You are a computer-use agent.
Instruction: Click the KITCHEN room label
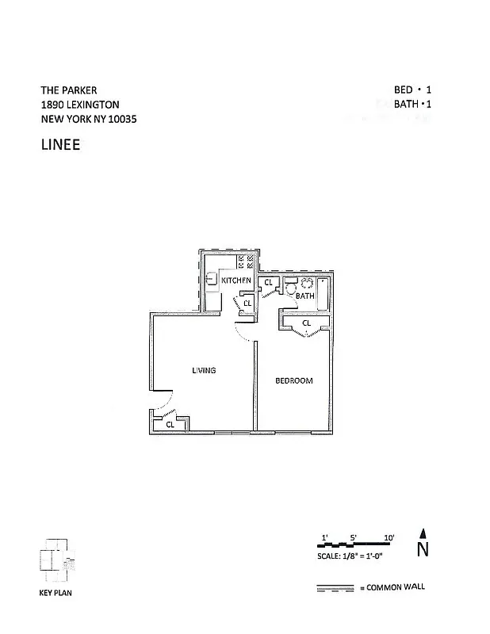tap(236, 281)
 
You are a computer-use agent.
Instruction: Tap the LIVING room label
tap(204, 371)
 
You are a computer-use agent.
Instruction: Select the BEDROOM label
tap(293, 381)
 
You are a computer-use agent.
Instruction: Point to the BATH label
tap(305, 296)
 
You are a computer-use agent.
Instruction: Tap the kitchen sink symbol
tap(211, 280)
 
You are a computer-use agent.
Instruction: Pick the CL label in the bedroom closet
tap(306, 323)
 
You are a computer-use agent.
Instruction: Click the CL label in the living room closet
tap(170, 425)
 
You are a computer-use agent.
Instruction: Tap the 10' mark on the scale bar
tap(389, 538)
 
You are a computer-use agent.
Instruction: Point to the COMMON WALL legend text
tap(395, 587)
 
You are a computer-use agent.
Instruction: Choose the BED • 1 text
tap(414, 90)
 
